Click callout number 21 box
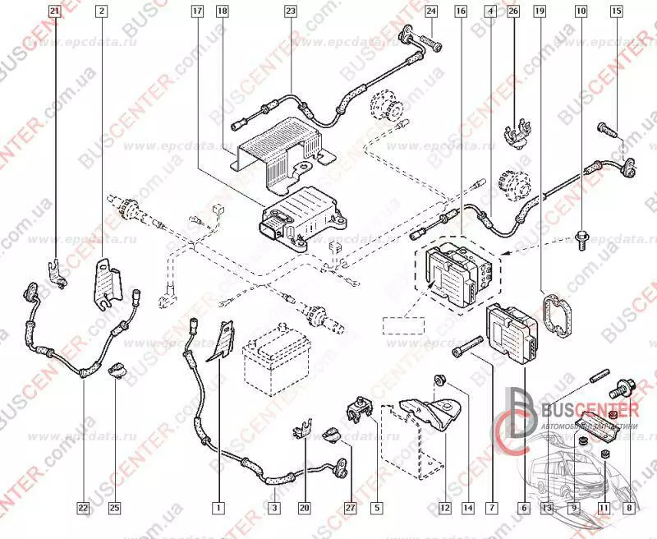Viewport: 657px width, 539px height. pos(54,12)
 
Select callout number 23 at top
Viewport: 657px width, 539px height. pos(290,12)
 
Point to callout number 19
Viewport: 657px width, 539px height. pos(540,12)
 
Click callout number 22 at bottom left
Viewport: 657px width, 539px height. pos(83,508)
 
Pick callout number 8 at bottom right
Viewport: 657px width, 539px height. pos(629,508)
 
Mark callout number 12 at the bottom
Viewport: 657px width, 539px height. pos(445,508)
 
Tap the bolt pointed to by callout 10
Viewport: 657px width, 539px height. pos(581,242)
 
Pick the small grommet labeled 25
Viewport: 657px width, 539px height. pos(117,371)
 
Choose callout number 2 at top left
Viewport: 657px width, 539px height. pos(101,12)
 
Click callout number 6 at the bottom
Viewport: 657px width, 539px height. pos(523,508)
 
